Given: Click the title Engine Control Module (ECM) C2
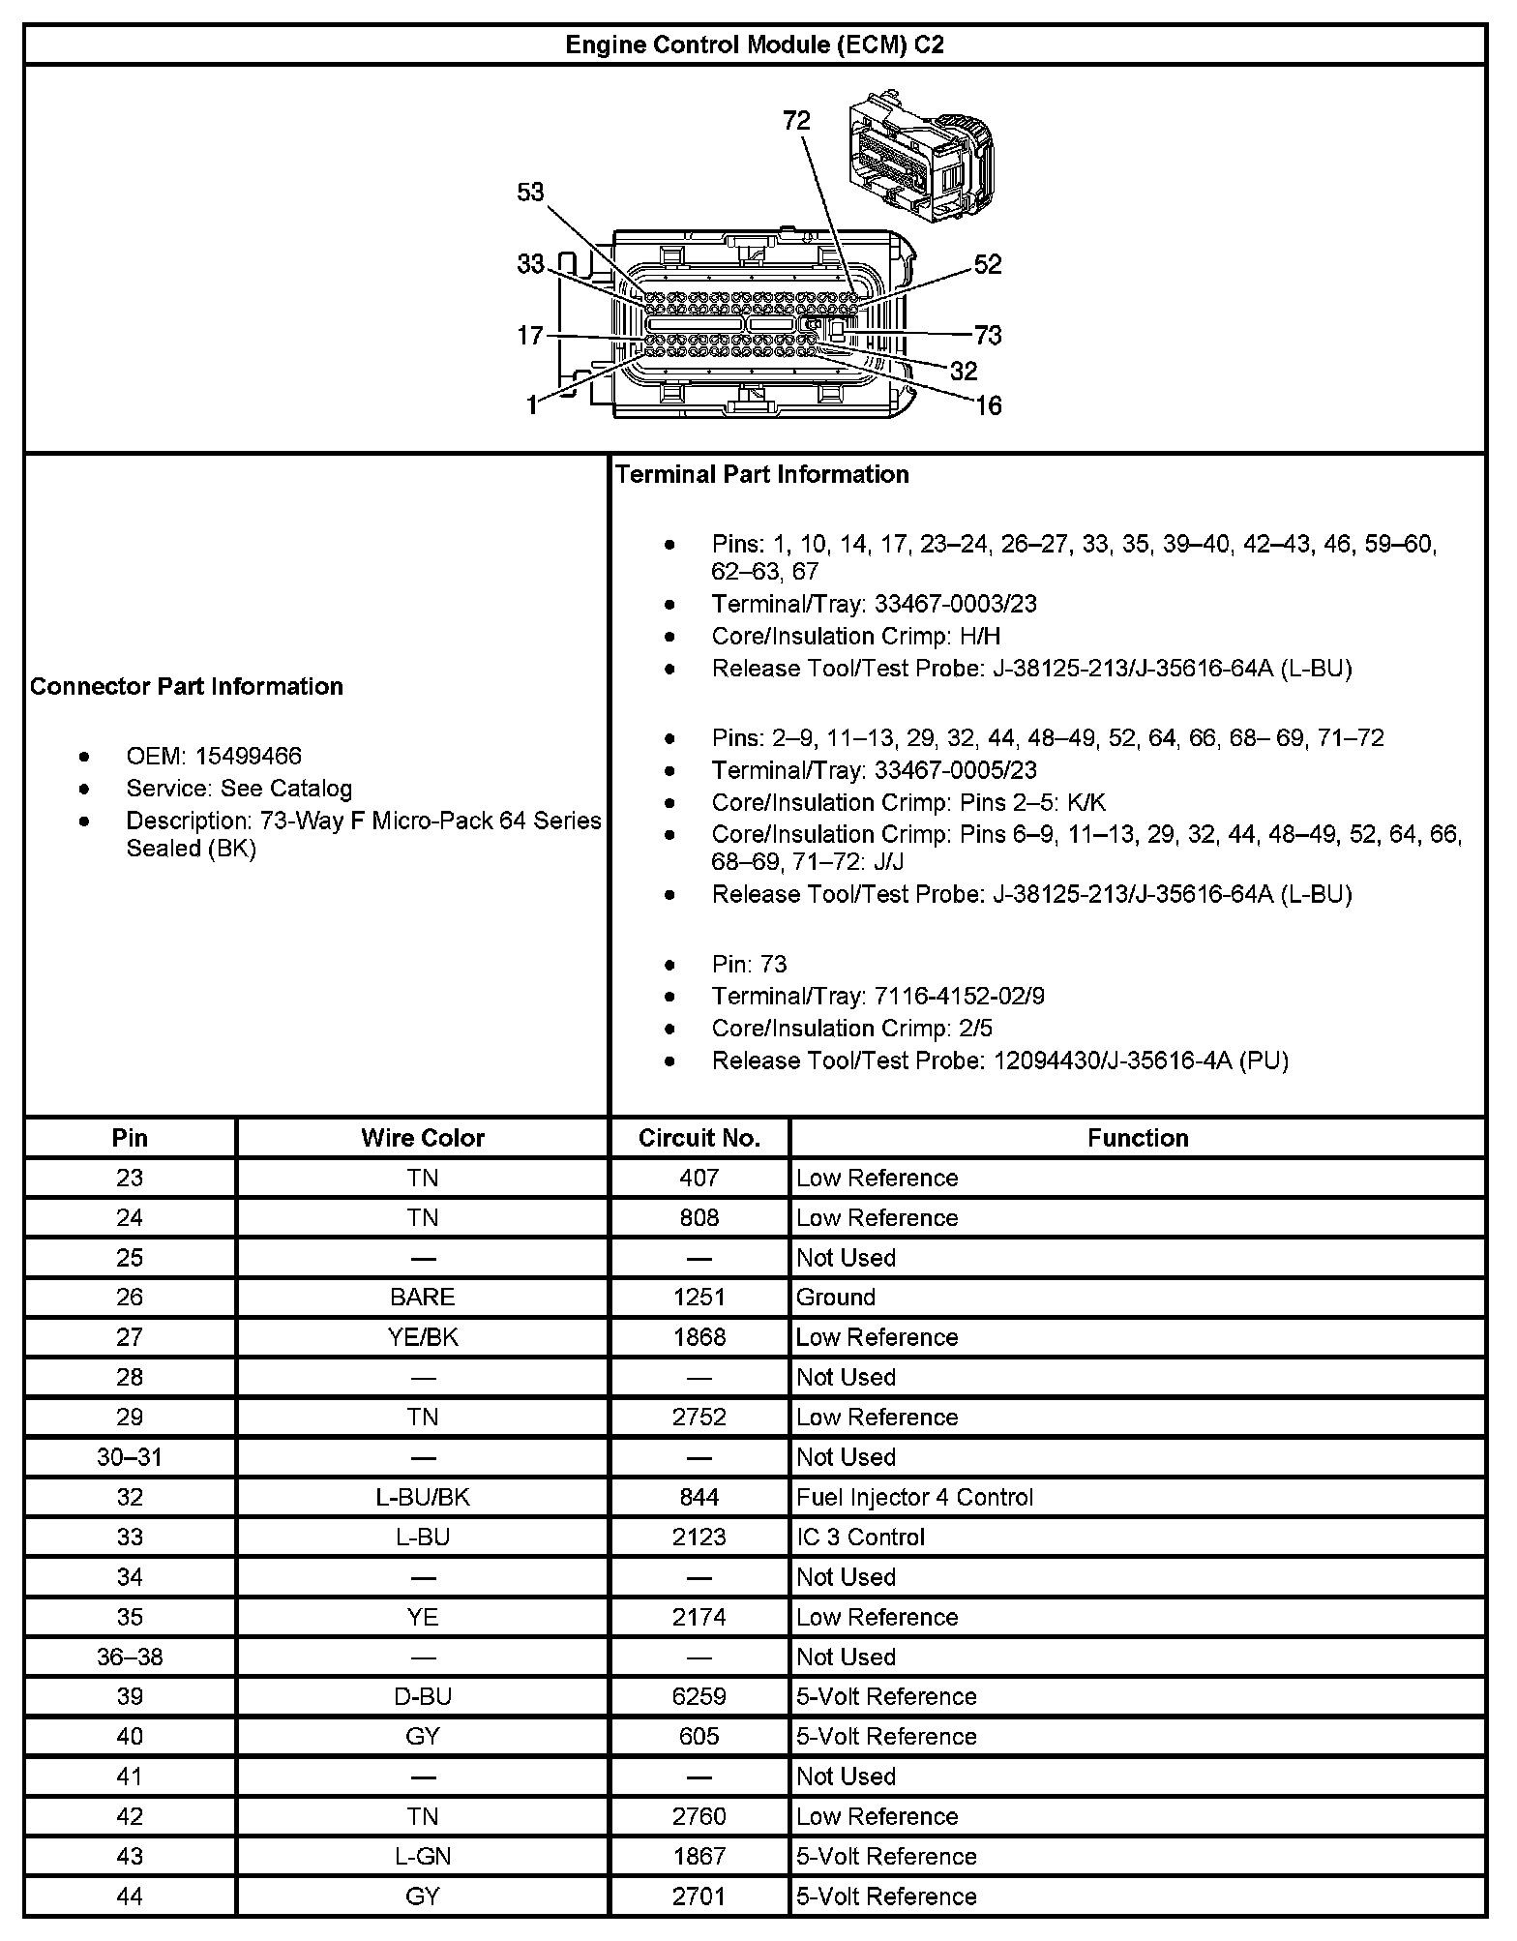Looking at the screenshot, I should [755, 45].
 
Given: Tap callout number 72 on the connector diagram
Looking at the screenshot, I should [796, 121].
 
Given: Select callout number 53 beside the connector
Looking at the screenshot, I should [530, 193].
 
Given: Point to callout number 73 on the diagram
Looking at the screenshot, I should [988, 336].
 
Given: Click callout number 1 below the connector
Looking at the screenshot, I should [531, 405].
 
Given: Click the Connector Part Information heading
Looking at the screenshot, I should [187, 686].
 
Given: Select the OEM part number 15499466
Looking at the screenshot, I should [249, 756].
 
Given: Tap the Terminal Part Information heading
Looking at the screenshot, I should [762, 474].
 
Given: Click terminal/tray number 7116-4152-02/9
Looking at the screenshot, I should [959, 996].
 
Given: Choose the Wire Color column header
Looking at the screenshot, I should [423, 1138].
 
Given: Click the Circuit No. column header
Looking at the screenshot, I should [699, 1138].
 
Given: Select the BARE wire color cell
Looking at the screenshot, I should [423, 1298].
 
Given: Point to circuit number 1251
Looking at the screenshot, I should [699, 1298].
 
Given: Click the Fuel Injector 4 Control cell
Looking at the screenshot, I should [914, 1497].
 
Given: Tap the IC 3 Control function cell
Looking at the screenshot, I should [860, 1537].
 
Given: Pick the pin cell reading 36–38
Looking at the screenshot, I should [130, 1657].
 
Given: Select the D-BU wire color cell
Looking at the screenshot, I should [423, 1696].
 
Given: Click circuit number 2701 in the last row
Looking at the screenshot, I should [699, 1896].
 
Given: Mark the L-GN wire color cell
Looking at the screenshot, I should [423, 1856].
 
